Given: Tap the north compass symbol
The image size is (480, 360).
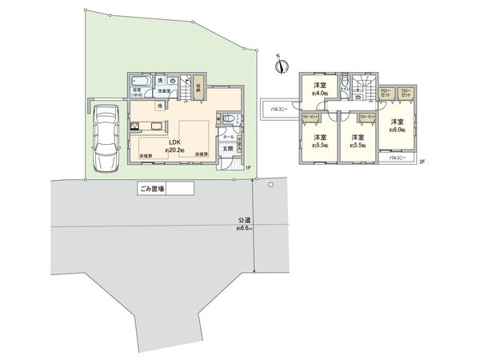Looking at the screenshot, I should point(278,67).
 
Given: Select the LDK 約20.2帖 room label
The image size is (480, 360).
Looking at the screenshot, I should point(174,143).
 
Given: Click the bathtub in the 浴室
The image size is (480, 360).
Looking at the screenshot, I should point(142,83).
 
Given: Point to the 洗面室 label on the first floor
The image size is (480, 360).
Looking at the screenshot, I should point(162,92).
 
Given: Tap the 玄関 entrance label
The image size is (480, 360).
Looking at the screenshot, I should point(226,149).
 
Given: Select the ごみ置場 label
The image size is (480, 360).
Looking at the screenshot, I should point(150,190).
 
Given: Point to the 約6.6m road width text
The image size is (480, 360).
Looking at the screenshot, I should point(244,227).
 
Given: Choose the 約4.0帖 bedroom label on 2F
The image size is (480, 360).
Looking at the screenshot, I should point(319,89).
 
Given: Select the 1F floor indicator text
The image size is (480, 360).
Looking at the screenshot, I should point(248,166).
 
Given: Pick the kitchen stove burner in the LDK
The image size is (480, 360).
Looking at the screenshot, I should point(134,125).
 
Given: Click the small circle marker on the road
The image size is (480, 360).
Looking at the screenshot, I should point(271,185).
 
